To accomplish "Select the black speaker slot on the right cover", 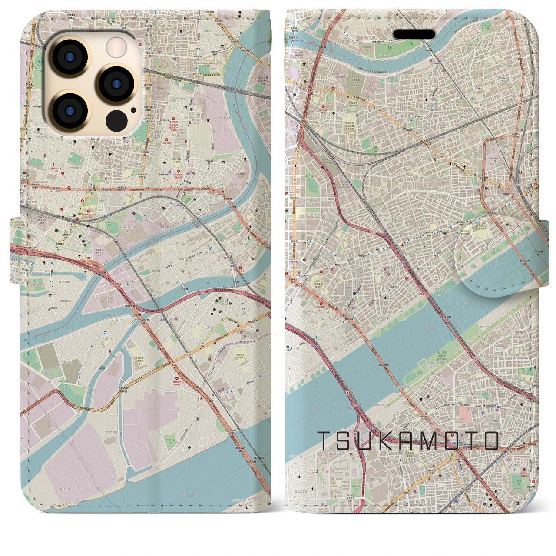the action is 414,34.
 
